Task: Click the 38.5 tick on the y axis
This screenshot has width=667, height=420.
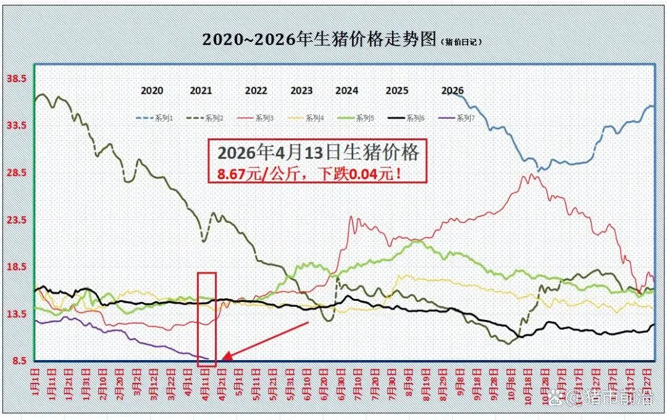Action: pyautogui.click(x=15, y=78)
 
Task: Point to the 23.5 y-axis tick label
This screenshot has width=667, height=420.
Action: pyautogui.click(x=15, y=220)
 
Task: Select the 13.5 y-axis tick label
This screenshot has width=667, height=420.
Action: pyautogui.click(x=15, y=314)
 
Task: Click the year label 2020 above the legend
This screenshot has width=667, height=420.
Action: pyautogui.click(x=152, y=90)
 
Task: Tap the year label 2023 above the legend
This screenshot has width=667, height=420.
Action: pyautogui.click(x=301, y=90)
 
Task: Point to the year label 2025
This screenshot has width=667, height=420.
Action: pyautogui.click(x=397, y=90)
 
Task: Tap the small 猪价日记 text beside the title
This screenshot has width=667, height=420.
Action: pyautogui.click(x=462, y=41)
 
